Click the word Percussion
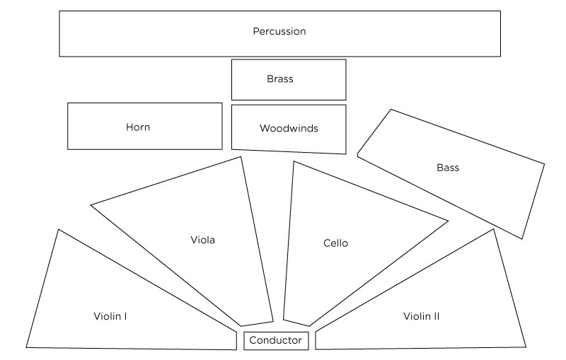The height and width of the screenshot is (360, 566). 279,32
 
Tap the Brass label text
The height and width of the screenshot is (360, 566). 280,79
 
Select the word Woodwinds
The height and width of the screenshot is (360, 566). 289,129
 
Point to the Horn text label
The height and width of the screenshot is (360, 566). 138,127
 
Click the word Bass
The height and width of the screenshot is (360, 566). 448,168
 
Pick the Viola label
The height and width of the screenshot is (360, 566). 203,240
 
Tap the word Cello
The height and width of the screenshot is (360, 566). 335,243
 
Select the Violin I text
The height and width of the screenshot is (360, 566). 110,315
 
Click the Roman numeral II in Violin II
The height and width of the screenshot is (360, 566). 435,316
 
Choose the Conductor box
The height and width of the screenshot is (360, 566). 276,341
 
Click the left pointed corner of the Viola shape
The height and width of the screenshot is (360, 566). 92,205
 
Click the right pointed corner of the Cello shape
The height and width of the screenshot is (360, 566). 447,221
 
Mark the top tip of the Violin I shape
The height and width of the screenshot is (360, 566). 58,230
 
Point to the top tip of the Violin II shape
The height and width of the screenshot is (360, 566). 493,230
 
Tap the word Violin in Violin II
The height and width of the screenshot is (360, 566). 416,316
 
